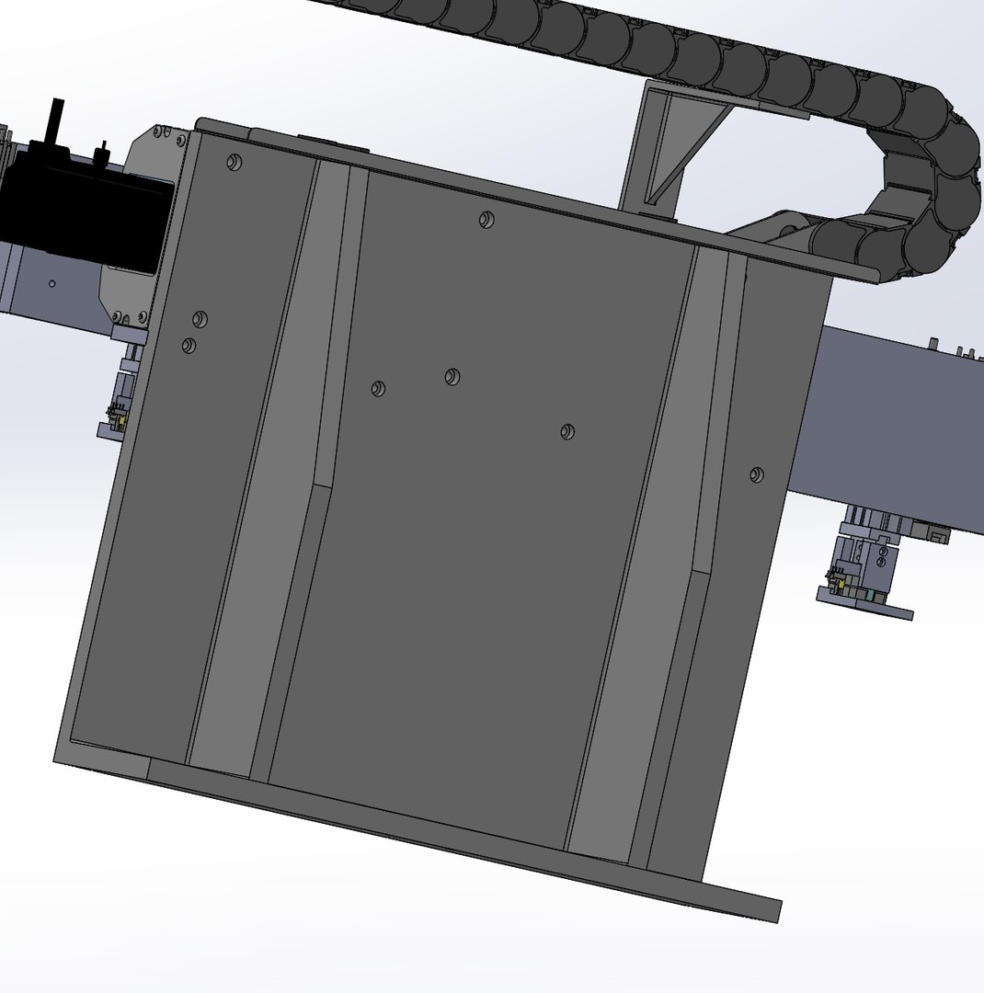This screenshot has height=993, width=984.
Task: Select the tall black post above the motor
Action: coord(56,119)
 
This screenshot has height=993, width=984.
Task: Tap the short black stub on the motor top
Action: coord(102,149)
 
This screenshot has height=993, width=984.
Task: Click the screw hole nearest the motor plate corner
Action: coord(235,163)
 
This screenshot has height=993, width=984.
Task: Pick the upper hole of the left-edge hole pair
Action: coord(200,319)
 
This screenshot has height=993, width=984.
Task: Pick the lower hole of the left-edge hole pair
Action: coord(189,345)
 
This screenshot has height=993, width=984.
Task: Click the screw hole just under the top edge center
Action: coord(486,219)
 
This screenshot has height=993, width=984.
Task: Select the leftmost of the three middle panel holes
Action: coord(378,388)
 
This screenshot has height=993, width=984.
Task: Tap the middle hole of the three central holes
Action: coord(452,376)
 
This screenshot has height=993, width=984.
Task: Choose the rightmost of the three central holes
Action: coord(567,431)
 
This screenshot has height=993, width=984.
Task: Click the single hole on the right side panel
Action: coord(756,474)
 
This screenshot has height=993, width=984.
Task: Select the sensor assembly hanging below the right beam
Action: coord(864,570)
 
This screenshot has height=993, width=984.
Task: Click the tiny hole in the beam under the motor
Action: coord(52,284)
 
